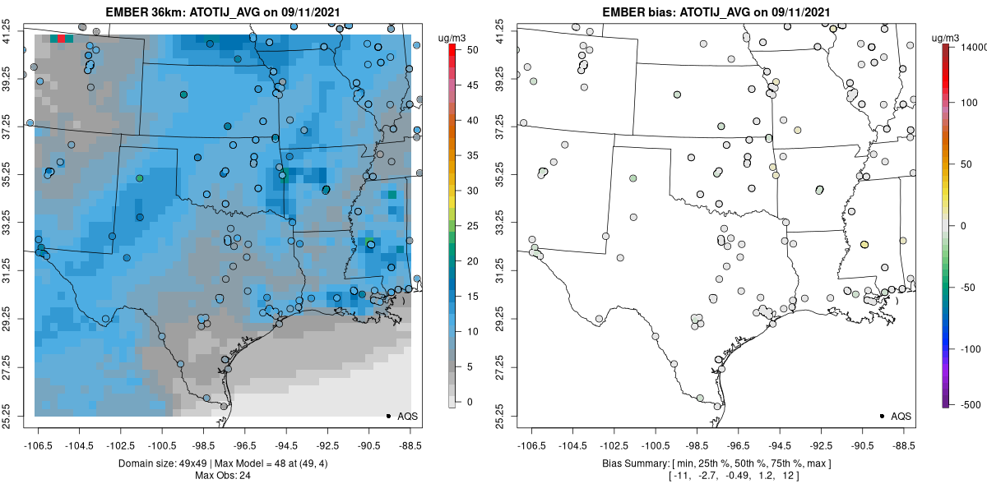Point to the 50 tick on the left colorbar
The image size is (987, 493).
coord(466,50)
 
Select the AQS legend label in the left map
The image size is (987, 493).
coord(407,417)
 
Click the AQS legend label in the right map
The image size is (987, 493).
coord(901,417)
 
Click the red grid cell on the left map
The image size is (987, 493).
coord(62,38)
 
